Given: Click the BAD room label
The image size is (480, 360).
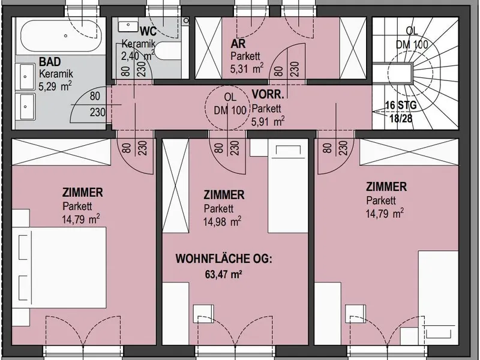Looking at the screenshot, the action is click(x=50, y=62).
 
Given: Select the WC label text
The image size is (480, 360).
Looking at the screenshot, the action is click(x=148, y=31).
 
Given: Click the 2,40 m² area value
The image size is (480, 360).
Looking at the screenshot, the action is click(x=138, y=56).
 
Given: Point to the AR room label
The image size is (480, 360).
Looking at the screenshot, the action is click(x=238, y=44).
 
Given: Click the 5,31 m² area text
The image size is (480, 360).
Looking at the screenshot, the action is click(x=247, y=68).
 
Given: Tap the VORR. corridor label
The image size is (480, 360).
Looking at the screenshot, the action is click(x=268, y=95).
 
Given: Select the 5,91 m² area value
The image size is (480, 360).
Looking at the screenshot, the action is click(x=268, y=122).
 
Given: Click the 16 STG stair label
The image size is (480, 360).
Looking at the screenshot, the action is click(x=401, y=106).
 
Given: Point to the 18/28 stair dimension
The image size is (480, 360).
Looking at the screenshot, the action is click(x=401, y=118).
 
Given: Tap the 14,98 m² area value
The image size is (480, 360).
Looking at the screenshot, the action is click(x=222, y=221).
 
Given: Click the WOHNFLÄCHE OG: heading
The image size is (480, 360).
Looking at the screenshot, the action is click(x=224, y=259).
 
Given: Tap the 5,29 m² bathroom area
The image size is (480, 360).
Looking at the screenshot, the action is click(x=55, y=86).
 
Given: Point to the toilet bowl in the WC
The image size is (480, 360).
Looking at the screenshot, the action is click(x=169, y=51).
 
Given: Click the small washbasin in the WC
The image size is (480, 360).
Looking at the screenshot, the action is click(x=128, y=26).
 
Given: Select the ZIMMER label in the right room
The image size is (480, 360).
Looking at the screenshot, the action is click(x=386, y=187).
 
